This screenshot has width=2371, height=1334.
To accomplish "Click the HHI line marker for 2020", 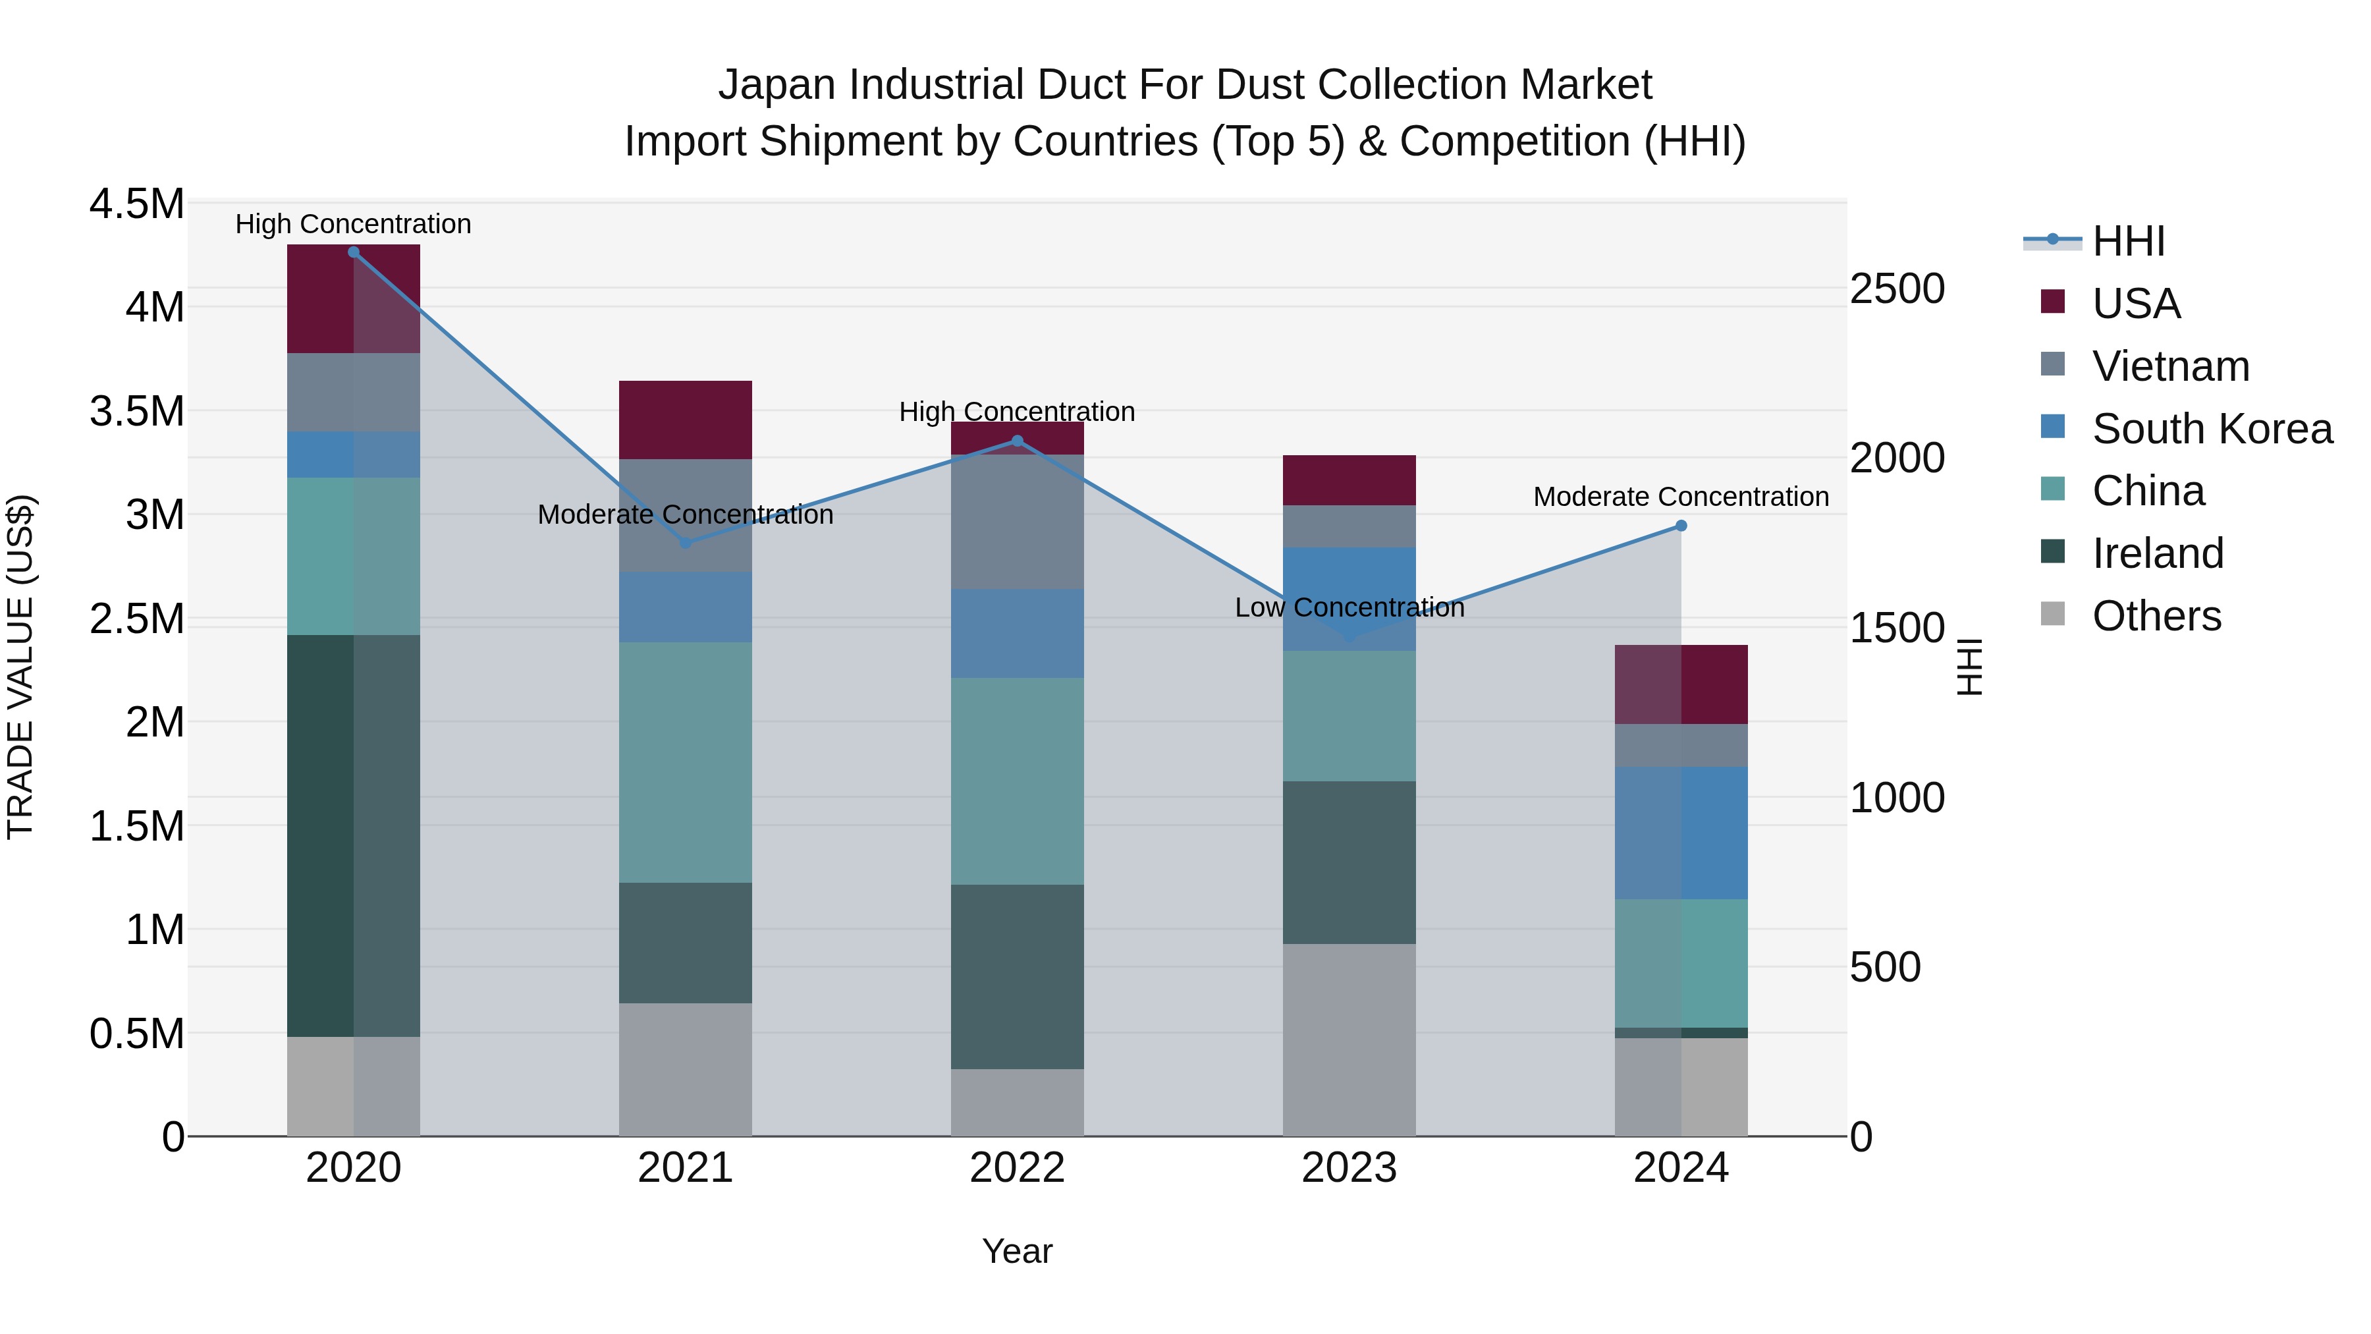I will click(354, 252).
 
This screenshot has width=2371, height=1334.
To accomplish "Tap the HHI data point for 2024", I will click(1681, 526).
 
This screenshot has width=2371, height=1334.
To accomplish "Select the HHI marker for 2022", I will click(1017, 441).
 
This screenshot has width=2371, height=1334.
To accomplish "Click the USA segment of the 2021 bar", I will click(685, 420).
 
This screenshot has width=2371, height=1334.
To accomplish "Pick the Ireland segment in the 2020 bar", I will click(354, 835).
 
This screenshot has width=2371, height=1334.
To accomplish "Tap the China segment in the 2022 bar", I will click(1017, 781).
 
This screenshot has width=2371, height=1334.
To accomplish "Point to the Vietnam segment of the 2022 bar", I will click(1017, 521).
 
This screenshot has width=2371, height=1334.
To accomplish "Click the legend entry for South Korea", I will click(2212, 429).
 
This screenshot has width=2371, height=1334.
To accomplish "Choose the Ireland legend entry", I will click(2158, 553).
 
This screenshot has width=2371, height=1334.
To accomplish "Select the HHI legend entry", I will click(2128, 241).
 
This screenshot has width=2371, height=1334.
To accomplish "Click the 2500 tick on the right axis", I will click(1897, 289).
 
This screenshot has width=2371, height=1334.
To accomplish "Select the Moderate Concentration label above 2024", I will click(1681, 497).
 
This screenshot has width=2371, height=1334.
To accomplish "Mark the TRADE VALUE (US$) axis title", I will click(20, 667).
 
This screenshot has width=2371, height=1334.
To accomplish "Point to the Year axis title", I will click(1017, 1251).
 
